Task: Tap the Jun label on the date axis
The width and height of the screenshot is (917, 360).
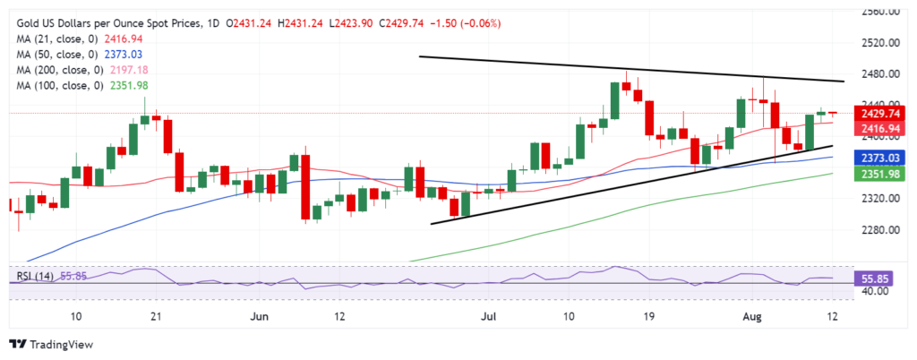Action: [261, 317]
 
